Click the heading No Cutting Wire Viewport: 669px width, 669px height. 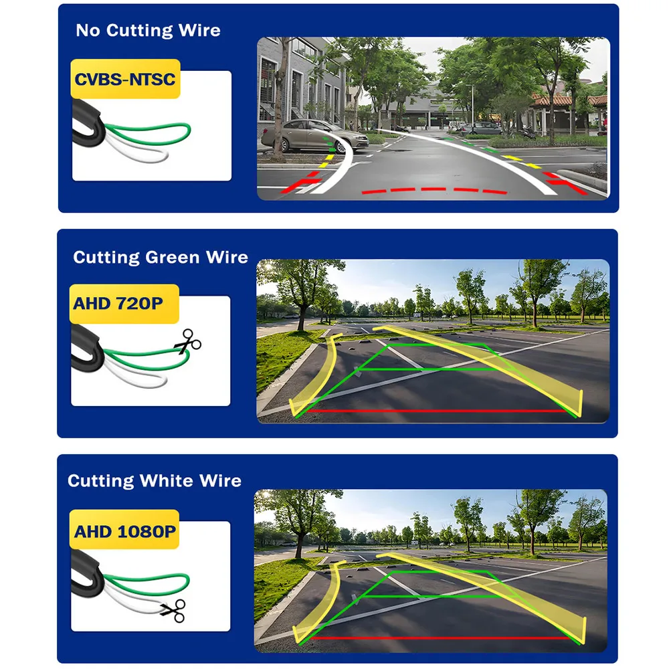[148, 31]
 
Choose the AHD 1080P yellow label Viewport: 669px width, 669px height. [125, 532]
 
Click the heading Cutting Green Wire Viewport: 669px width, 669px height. [161, 258]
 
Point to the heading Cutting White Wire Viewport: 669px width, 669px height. [155, 481]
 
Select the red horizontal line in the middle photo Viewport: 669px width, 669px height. [435, 411]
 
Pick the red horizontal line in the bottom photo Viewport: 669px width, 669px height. [435, 638]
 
